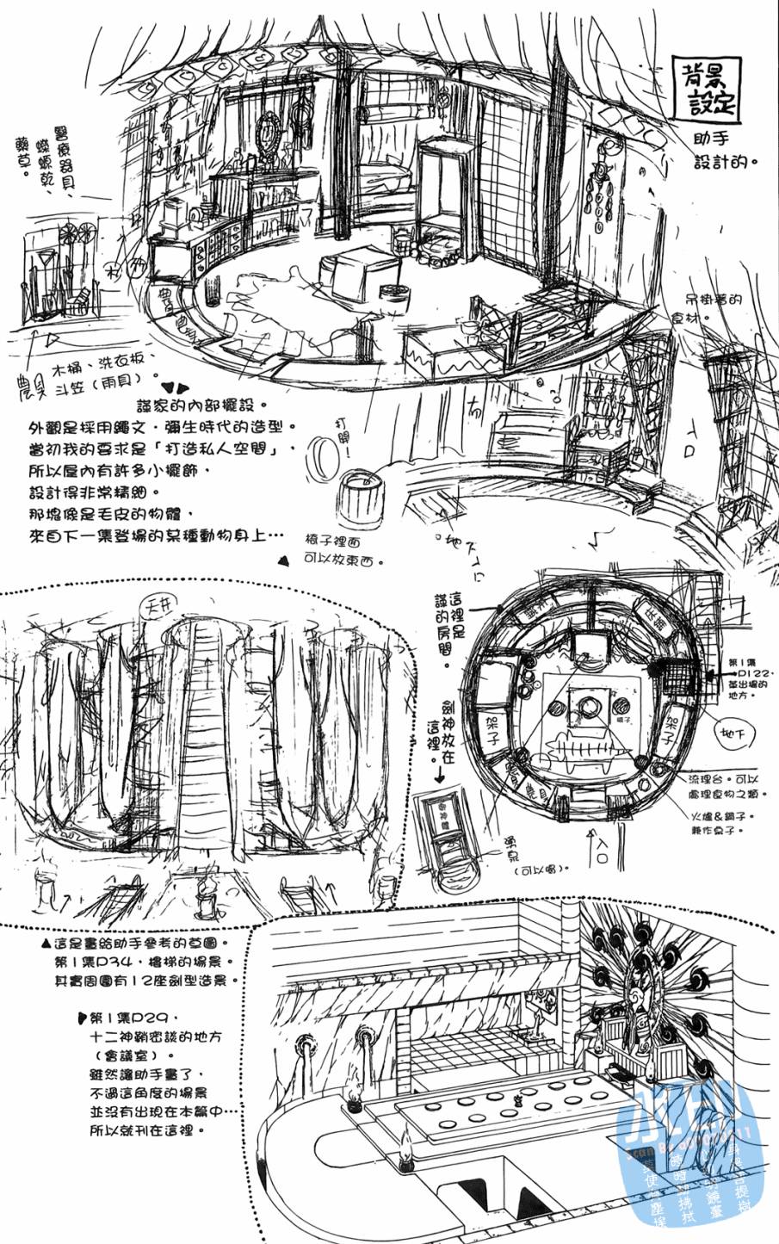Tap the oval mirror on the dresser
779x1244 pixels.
(x=268, y=135)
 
